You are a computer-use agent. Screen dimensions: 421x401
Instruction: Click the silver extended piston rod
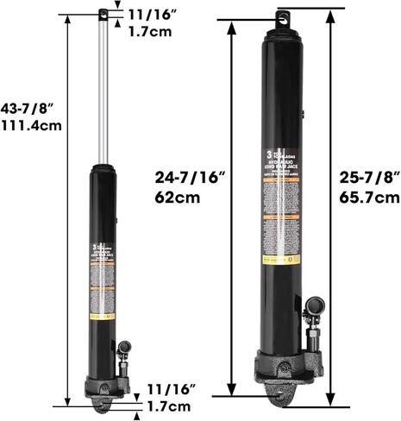(x=104, y=86)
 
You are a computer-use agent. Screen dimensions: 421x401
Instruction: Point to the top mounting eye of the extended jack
(x=103, y=13)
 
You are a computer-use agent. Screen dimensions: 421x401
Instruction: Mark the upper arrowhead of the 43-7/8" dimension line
(x=66, y=19)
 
